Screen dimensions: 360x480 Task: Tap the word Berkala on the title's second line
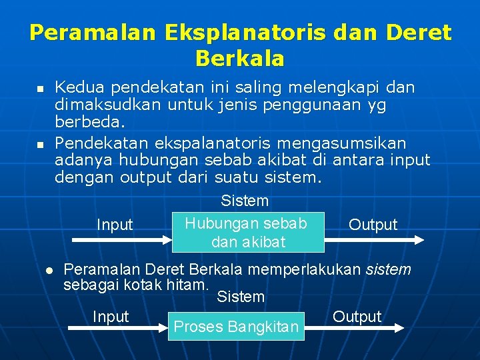coord(240,59)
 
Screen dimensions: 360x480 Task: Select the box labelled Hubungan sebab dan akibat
coord(248,232)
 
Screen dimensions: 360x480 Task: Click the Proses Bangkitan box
coord(236,327)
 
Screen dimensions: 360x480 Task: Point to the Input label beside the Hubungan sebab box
coord(115,225)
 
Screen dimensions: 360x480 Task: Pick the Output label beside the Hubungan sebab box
coord(373,225)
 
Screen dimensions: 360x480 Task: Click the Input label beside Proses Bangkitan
coord(111,317)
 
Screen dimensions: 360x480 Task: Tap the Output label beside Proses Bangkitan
coord(357,317)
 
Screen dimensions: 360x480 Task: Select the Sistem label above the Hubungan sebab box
coord(245,201)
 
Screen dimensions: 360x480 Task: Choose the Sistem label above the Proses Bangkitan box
coord(241,297)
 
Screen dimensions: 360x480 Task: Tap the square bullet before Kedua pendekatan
coord(39,89)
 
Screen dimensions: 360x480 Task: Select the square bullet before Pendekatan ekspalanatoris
coord(39,144)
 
